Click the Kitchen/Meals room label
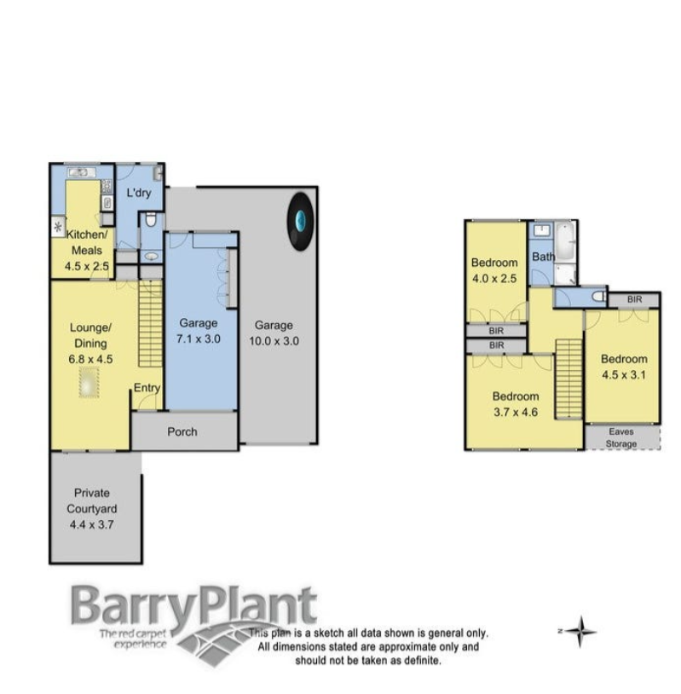(x=86, y=243)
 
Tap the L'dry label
(x=139, y=194)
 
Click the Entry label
(x=147, y=389)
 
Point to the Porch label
(x=182, y=431)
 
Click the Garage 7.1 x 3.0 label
(x=198, y=331)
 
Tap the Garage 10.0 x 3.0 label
(x=274, y=333)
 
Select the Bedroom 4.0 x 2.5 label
(x=495, y=270)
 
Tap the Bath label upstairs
(x=543, y=257)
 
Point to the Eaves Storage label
(x=621, y=437)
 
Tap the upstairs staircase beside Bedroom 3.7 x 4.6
(x=568, y=378)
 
